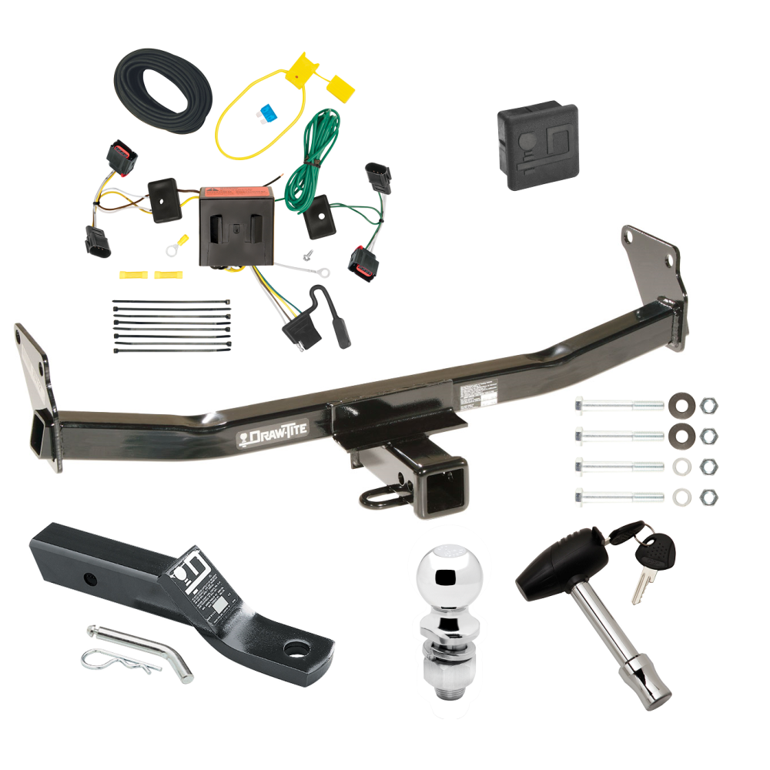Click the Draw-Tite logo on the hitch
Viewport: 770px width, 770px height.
(x=271, y=435)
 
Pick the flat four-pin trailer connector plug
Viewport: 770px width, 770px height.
(x=295, y=332)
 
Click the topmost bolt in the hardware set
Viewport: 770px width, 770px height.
(x=617, y=404)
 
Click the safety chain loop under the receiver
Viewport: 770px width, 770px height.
(x=382, y=498)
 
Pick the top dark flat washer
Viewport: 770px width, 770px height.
(x=681, y=404)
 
